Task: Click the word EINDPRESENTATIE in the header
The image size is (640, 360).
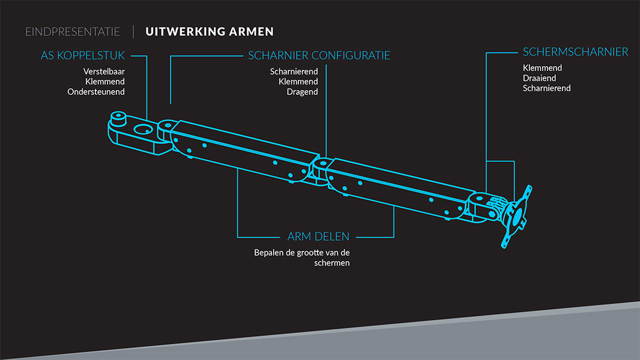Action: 73,32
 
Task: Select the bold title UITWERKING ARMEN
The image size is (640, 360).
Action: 210,32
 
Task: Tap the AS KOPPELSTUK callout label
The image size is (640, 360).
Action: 83,56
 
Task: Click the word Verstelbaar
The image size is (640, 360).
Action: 104,71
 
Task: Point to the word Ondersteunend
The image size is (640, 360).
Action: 96,92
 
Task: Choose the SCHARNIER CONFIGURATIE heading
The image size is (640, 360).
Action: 319,56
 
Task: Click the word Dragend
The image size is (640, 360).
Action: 302,92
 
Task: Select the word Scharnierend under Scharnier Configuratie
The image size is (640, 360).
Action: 294,71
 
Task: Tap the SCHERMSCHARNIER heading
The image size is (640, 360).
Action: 575,52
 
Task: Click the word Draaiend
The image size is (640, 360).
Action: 539,78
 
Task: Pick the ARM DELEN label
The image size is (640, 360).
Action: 318,236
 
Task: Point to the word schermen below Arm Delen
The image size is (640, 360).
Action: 331,263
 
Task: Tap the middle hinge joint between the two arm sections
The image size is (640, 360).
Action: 322,164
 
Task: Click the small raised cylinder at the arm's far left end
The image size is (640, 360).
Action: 118,117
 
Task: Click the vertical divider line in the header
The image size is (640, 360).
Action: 133,32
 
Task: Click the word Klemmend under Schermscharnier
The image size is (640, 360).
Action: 542,68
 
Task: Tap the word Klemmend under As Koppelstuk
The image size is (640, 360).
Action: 105,81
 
